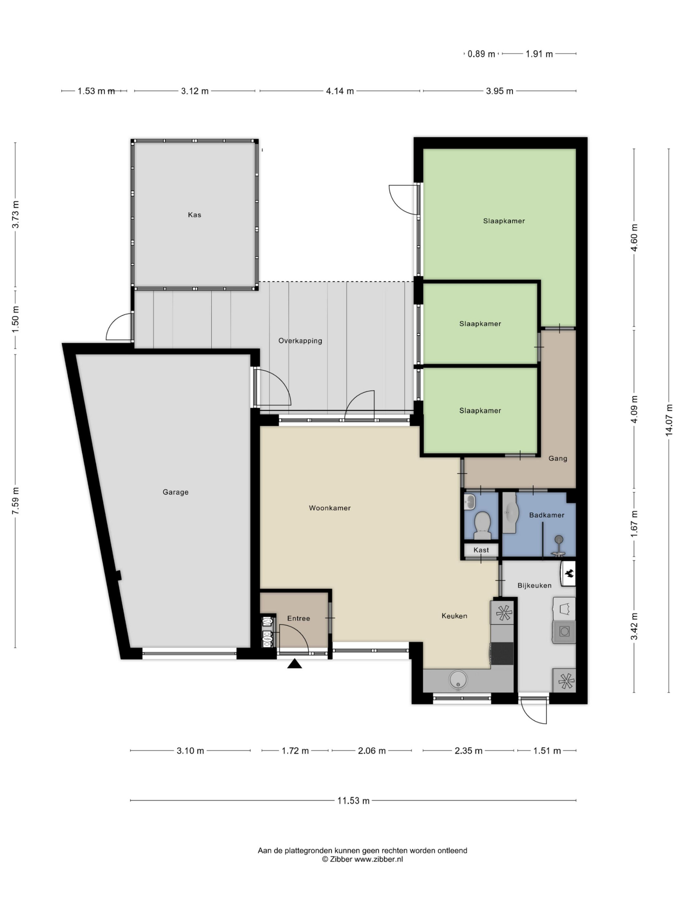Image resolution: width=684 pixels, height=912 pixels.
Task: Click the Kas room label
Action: [x=194, y=215]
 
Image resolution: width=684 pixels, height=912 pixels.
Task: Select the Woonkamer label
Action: [x=329, y=508]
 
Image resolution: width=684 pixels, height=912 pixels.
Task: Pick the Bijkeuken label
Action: [x=534, y=585]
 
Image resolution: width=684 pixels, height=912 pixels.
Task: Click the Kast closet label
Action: [x=481, y=550]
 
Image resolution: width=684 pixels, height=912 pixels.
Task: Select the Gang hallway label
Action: [x=557, y=459]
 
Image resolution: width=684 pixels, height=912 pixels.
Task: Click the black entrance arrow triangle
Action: [x=294, y=664]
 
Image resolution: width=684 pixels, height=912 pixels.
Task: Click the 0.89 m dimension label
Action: [x=481, y=54]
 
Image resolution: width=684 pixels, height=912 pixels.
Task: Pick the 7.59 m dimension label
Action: [x=15, y=501]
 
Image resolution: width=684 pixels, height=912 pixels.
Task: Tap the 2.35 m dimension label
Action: [x=468, y=751]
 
